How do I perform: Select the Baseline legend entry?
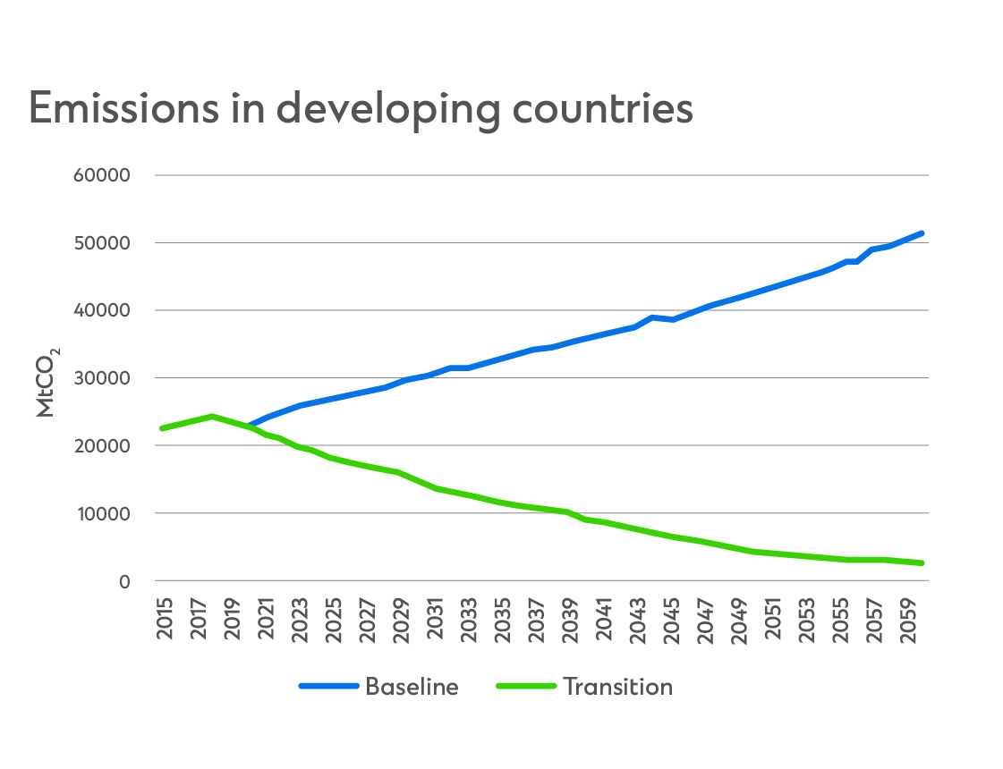pyautogui.click(x=412, y=687)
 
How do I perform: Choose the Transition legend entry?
pyautogui.click(x=617, y=687)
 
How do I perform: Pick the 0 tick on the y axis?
pyautogui.click(x=124, y=582)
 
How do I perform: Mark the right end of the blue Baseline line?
pyautogui.click(x=921, y=233)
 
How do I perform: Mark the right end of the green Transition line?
pyautogui.click(x=921, y=563)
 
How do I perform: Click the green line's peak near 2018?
pyautogui.click(x=212, y=416)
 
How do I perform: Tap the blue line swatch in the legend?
pyautogui.click(x=328, y=687)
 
